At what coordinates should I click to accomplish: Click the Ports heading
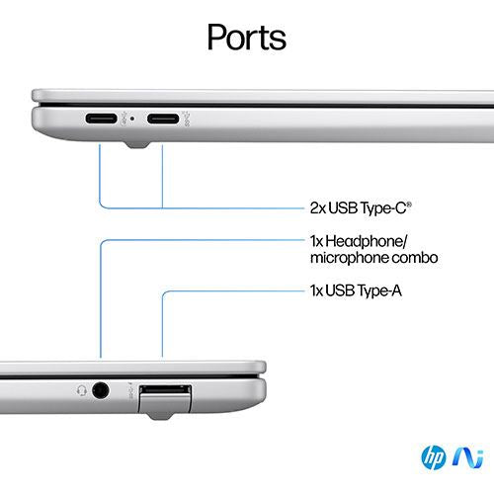[247, 38]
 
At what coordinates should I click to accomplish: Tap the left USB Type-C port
[101, 119]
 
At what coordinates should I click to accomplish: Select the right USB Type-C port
[163, 119]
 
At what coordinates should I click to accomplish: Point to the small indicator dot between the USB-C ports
[132, 119]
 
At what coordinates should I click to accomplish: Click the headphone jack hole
[100, 391]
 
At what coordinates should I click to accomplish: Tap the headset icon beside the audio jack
[81, 390]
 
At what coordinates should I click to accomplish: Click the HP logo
[434, 457]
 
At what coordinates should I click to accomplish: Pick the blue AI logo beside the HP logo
[468, 457]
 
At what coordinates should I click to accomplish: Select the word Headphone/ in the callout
[367, 241]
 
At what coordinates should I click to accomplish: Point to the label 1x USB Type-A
[356, 290]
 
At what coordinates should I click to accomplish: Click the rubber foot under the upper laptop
[137, 145]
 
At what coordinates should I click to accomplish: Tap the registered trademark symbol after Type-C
[409, 205]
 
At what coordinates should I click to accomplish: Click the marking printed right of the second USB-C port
[186, 119]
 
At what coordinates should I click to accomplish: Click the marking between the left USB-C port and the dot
[124, 119]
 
